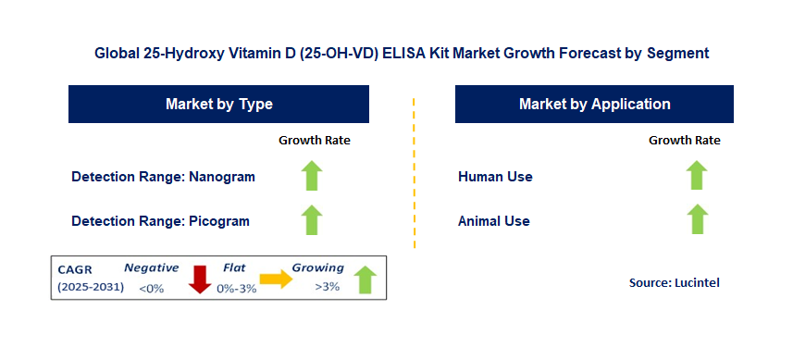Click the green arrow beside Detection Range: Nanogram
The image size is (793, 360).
(x=312, y=176)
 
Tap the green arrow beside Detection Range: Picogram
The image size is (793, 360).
(x=312, y=220)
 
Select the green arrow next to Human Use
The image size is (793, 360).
(x=697, y=175)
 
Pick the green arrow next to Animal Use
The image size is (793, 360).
(x=697, y=219)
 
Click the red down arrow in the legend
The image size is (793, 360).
(x=200, y=279)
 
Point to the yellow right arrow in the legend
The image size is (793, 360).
(x=276, y=279)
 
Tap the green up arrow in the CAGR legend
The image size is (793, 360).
(x=366, y=279)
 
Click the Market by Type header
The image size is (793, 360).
(x=219, y=105)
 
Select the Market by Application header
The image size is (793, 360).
(x=594, y=105)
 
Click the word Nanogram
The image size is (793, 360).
(x=222, y=177)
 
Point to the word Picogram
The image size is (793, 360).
(x=219, y=221)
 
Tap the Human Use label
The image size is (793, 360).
(x=495, y=177)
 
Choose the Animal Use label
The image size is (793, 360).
(x=494, y=221)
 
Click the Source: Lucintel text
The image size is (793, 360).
(x=675, y=282)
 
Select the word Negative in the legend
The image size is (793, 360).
(x=152, y=268)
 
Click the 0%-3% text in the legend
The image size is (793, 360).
(x=237, y=289)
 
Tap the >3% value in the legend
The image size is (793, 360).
(x=328, y=287)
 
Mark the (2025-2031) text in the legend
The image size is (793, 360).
(x=91, y=287)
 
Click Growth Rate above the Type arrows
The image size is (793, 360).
(x=315, y=140)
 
